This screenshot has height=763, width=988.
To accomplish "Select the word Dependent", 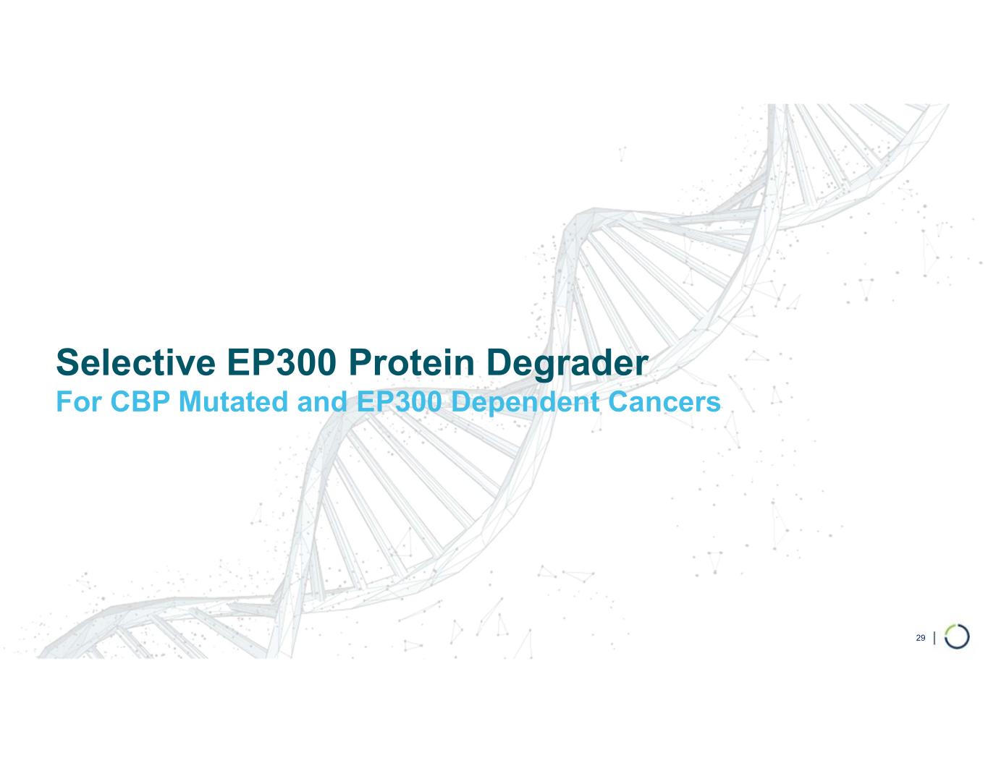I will pos(522,404).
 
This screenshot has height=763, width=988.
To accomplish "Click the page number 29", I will pos(921,638).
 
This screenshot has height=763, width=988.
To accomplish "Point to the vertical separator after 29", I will pos(937,638).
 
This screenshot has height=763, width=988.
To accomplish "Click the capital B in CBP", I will pos(137,402).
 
